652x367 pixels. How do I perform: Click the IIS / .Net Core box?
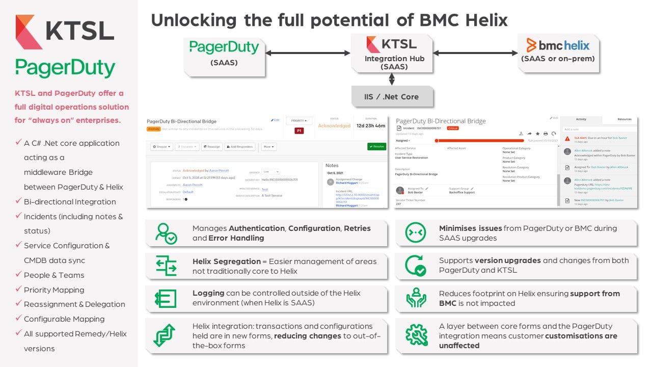392,97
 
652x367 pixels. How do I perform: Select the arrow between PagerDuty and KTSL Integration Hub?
308,53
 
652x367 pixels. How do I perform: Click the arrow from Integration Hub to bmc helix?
475,53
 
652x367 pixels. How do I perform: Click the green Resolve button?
376,146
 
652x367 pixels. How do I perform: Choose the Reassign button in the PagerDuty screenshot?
211,147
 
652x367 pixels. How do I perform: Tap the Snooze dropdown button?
161,147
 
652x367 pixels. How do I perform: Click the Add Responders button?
239,147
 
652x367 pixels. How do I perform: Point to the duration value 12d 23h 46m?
370,125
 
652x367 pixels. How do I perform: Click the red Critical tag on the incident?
452,128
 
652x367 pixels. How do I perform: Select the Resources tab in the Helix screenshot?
624,119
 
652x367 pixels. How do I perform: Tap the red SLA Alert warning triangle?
567,138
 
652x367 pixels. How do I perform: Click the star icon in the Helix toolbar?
537,134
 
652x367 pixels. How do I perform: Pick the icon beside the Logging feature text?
166,298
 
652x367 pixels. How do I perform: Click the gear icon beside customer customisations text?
416,335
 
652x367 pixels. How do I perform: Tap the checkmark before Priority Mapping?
18,290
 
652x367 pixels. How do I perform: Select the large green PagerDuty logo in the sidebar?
65,68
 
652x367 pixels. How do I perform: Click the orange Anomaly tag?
153,129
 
